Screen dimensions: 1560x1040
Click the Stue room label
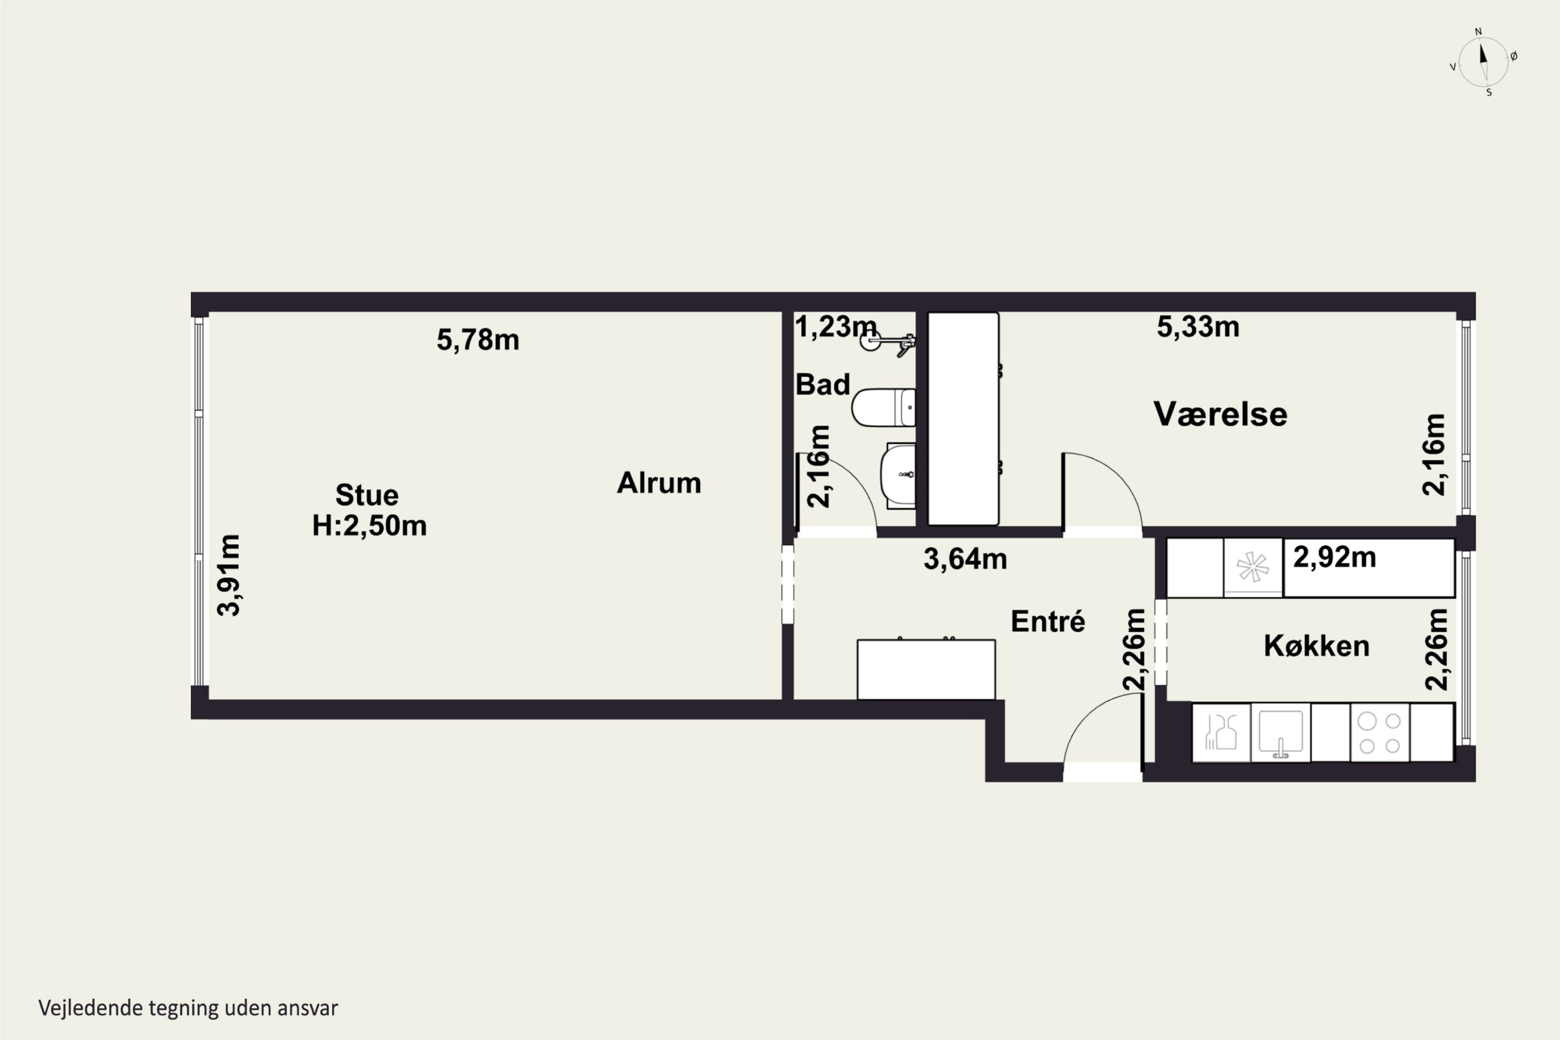point(367,495)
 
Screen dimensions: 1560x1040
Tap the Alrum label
point(659,483)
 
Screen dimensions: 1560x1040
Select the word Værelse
point(1220,414)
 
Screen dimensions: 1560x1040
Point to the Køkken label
point(1317,645)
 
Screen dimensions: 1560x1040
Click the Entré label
point(1048,621)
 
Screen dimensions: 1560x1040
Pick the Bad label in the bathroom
point(823,385)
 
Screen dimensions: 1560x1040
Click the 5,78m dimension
point(477,340)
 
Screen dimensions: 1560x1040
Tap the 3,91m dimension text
point(229,575)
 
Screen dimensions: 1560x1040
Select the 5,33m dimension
point(1198,327)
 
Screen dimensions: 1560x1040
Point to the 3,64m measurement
point(965,559)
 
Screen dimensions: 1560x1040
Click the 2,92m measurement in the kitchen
point(1334,557)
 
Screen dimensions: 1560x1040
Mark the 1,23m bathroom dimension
point(836,327)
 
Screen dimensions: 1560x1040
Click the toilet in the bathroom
point(883,407)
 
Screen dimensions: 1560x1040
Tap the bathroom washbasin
point(898,475)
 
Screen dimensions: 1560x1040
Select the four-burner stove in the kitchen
point(1380,732)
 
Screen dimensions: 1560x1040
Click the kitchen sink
point(1280,732)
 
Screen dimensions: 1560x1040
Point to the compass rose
point(1484,62)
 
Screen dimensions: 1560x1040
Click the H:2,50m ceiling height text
point(369,525)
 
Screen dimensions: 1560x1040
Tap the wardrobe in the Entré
point(926,669)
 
